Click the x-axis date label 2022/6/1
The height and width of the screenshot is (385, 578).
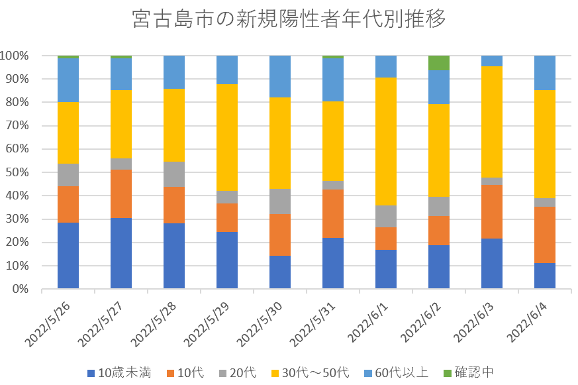click(x=373, y=321)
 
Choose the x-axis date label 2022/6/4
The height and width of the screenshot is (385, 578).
click(x=532, y=321)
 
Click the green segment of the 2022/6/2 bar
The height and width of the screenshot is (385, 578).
click(x=439, y=62)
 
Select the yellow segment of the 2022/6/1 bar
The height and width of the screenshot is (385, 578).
click(x=386, y=141)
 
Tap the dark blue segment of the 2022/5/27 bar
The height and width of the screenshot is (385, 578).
click(x=121, y=253)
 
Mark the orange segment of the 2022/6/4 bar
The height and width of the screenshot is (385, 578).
click(x=545, y=235)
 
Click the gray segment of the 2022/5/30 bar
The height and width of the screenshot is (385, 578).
click(x=280, y=201)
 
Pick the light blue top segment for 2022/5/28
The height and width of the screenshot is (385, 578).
click(x=174, y=72)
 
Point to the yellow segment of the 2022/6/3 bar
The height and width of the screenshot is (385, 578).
click(x=492, y=121)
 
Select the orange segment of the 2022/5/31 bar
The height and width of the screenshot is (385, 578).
click(x=333, y=213)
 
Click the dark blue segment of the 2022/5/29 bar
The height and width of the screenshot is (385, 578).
click(x=227, y=260)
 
